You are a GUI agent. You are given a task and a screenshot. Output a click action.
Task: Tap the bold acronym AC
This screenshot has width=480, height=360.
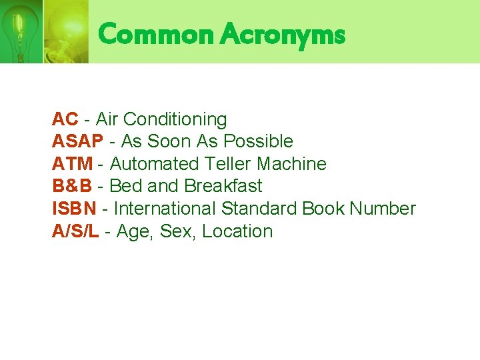click(65, 119)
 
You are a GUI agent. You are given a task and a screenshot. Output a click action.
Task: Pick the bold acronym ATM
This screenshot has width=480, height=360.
click(71, 164)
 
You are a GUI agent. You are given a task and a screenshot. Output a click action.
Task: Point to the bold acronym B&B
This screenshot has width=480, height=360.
click(71, 186)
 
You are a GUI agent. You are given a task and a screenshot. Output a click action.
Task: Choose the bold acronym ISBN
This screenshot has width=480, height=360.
click(73, 209)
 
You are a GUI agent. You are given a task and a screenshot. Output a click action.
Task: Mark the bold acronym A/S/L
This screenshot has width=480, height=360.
click(76, 231)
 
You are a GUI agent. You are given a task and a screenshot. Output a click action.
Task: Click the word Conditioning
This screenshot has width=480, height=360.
click(175, 120)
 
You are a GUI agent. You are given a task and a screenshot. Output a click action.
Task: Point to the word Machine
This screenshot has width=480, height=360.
click(292, 164)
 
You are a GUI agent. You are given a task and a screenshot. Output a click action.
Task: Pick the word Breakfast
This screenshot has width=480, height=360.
click(223, 186)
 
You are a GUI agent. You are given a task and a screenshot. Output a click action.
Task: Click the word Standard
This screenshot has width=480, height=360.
click(259, 209)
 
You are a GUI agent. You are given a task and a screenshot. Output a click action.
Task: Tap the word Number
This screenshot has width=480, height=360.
click(383, 209)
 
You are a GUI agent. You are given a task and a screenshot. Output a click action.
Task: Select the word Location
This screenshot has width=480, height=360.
click(238, 231)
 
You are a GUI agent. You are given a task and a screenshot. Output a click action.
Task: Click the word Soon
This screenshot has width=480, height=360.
click(169, 141)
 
